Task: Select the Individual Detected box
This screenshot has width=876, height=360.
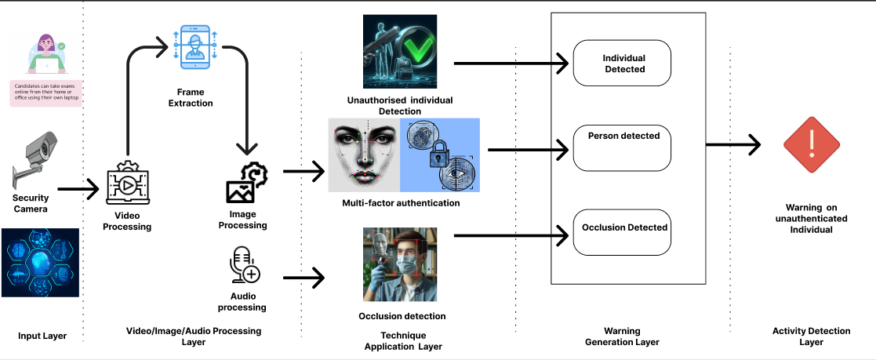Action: click(x=622, y=64)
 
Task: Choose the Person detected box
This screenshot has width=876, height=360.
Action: click(x=622, y=147)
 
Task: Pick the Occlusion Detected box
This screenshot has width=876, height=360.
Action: click(x=622, y=232)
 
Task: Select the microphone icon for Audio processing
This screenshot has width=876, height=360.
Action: click(x=244, y=265)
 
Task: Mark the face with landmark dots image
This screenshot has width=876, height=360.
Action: click(x=364, y=155)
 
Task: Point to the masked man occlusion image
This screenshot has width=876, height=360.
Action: click(x=399, y=264)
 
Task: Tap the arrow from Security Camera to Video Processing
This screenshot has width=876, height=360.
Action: click(x=78, y=188)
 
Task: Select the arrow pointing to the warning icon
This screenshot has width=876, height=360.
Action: click(x=733, y=144)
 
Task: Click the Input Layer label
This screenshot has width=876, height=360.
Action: click(x=42, y=336)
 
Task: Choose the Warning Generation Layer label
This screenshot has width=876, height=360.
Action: click(x=622, y=336)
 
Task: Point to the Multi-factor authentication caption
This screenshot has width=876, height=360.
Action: click(x=401, y=203)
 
